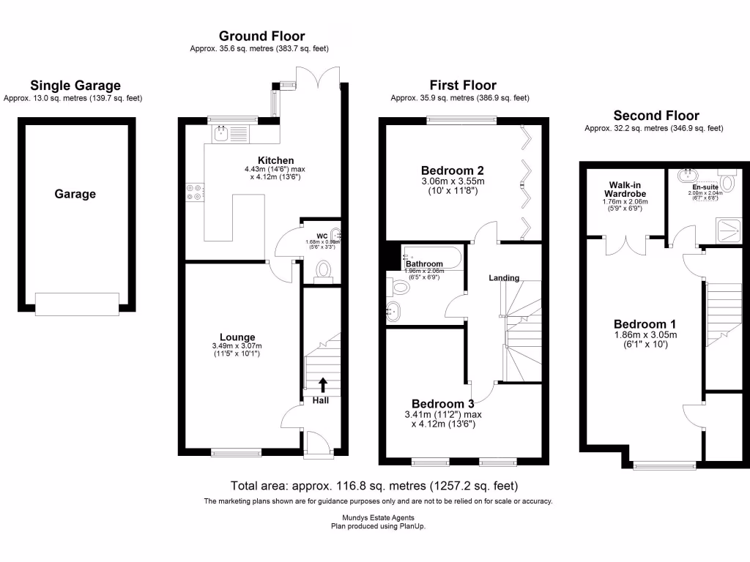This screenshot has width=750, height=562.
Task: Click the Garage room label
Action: point(75,194)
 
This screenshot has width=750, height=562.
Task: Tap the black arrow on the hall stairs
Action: point(323,385)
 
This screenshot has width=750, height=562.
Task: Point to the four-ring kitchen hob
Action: point(194,191)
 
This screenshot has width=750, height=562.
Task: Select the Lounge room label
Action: point(237,337)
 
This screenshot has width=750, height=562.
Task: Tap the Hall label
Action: point(321,400)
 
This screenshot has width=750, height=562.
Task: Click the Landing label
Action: point(504,278)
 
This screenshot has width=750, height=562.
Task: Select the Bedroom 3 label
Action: point(442,404)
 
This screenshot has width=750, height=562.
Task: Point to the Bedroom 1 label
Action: point(645,324)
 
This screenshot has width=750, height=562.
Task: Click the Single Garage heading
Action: point(75,86)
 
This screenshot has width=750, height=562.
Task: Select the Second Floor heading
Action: point(656,115)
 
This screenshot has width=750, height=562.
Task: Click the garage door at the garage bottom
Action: point(78,304)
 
